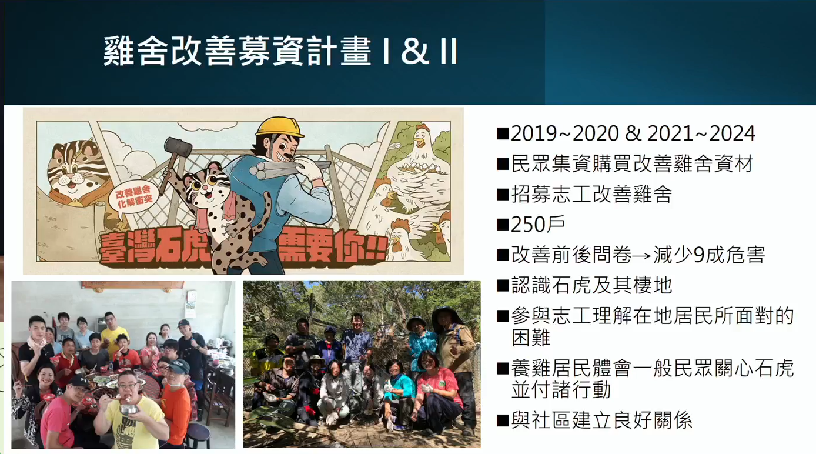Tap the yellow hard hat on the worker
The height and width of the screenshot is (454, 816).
point(279,127)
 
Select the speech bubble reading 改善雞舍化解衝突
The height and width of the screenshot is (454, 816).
point(133,198)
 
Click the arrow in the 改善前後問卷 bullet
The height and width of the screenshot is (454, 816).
point(642,255)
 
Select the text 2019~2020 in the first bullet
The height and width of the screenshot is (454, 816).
point(565,133)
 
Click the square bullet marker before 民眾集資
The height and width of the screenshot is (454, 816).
point(503,164)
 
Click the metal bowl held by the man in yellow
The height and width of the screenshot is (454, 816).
point(129,409)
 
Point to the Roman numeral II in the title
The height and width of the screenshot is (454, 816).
point(449,51)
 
